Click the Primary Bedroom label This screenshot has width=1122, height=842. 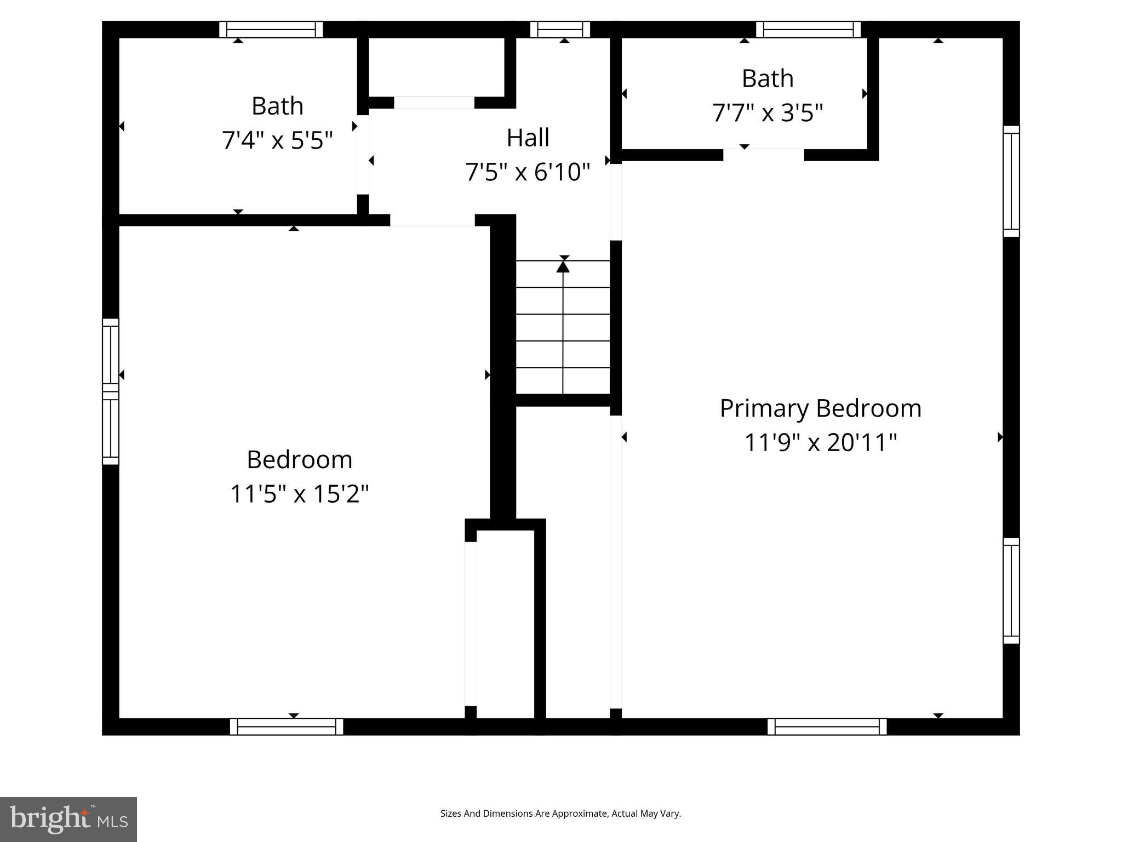tap(820, 409)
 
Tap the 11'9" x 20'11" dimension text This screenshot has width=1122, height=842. tap(820, 443)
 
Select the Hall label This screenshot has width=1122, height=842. tap(528, 138)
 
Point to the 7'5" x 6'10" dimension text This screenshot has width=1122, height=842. tap(528, 173)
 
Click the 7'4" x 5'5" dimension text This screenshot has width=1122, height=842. tap(277, 141)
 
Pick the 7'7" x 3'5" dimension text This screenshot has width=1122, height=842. tap(767, 113)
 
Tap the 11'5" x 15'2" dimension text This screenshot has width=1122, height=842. tap(299, 494)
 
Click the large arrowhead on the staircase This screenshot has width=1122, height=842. tap(563, 266)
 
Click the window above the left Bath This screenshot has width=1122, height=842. tap(271, 30)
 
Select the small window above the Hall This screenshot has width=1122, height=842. tap(560, 30)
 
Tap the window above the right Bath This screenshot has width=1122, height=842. tap(808, 30)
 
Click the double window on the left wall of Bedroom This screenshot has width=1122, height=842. tap(111, 391)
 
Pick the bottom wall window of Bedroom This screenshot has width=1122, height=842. tap(287, 726)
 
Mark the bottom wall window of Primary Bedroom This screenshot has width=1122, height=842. tap(827, 726)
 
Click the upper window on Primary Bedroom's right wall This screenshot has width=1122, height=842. tap(1011, 181)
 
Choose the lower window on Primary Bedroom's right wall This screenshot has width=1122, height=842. tap(1011, 590)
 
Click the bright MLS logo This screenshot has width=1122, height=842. tap(68, 819)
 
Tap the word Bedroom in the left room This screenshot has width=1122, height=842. tap(299, 460)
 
